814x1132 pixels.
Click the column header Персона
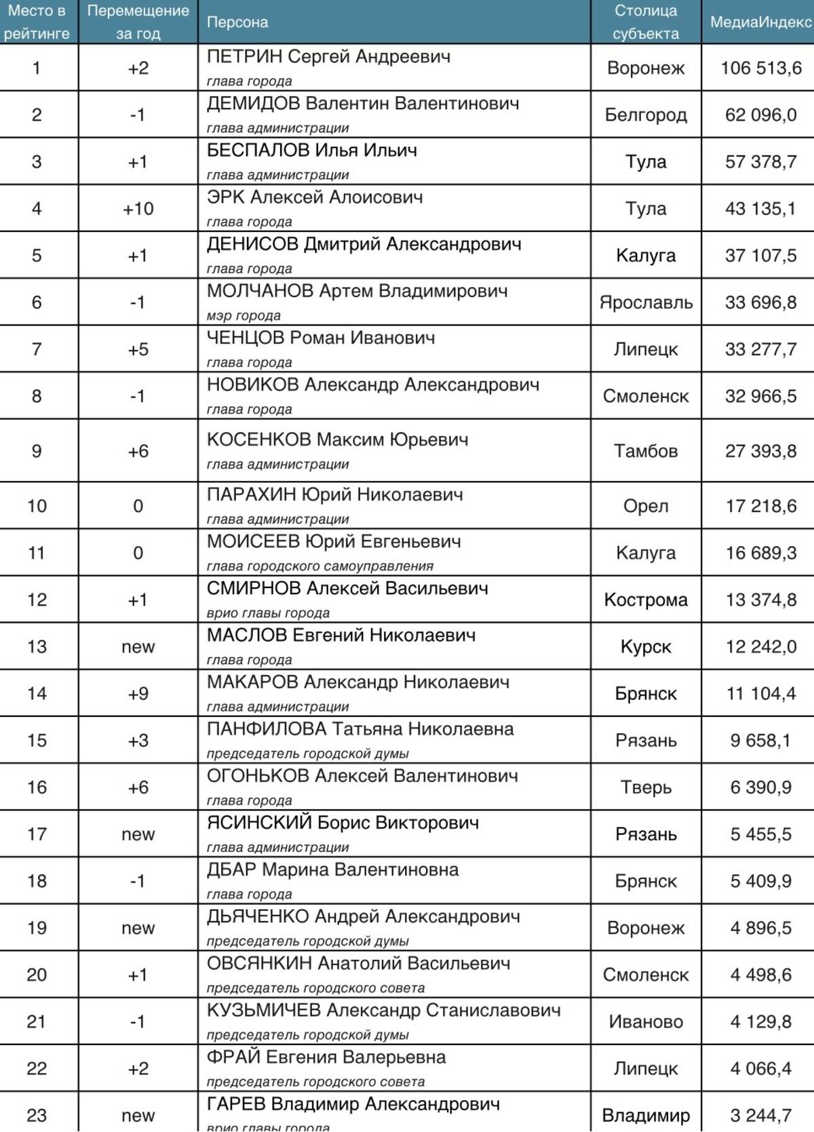237,22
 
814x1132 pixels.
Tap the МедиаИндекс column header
760,22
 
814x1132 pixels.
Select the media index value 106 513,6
760,68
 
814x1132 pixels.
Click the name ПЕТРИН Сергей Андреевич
328,57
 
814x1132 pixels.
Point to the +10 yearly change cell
138,209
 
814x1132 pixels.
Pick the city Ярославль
646,302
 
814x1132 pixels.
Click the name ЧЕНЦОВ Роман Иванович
321,338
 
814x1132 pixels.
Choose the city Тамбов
646,451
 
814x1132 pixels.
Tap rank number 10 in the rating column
37,506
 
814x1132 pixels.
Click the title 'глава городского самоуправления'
319,566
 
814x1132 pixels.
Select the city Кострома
646,600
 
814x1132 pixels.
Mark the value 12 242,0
760,647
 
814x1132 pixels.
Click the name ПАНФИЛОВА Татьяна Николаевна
360,730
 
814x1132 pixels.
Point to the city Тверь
646,787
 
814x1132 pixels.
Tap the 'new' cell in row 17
138,834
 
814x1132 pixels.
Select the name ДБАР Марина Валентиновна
332,870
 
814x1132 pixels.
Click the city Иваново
646,1021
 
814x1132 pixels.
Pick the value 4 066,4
760,1069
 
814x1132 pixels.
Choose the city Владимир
646,1116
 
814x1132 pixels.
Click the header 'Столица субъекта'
646,22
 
